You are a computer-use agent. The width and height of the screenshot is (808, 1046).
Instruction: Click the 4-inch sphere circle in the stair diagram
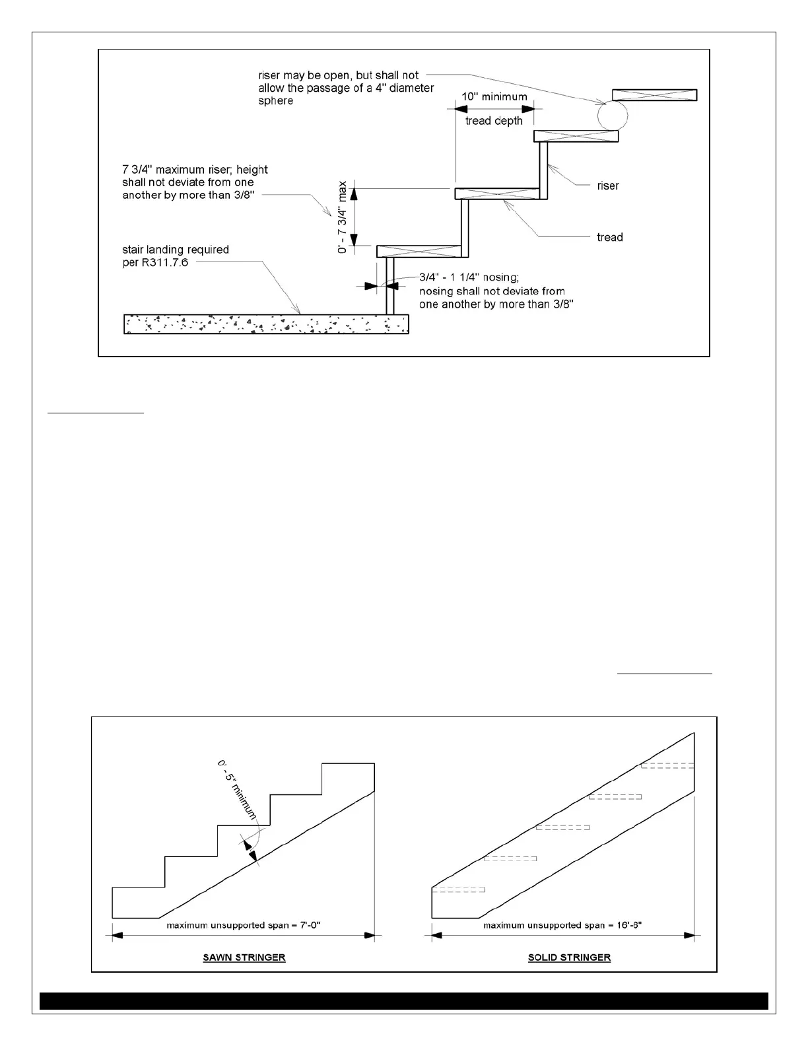pyautogui.click(x=612, y=116)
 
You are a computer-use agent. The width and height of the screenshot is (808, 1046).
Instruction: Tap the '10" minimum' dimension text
pyautogui.click(x=494, y=96)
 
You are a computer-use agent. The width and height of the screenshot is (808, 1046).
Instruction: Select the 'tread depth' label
pyautogui.click(x=494, y=121)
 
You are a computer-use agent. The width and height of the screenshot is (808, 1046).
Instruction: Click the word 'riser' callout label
pyautogui.click(x=607, y=186)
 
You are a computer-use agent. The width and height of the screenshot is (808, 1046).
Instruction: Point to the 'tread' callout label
pyautogui.click(x=609, y=237)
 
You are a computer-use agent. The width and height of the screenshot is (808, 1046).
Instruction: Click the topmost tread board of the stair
pyautogui.click(x=654, y=94)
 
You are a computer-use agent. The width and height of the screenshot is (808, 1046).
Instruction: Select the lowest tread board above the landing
pyautogui.click(x=418, y=251)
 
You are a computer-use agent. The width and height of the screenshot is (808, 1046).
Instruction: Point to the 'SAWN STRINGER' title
pyautogui.click(x=244, y=958)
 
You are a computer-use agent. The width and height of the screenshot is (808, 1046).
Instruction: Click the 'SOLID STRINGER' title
pyautogui.click(x=569, y=958)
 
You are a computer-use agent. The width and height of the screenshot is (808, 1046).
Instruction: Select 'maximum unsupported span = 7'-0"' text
pyautogui.click(x=243, y=925)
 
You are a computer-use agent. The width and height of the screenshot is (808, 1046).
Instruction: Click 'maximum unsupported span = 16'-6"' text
pyautogui.click(x=562, y=925)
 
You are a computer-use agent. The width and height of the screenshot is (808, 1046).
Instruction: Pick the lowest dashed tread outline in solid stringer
pyautogui.click(x=458, y=889)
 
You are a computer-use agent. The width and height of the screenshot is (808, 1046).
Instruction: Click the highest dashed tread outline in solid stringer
pyautogui.click(x=667, y=765)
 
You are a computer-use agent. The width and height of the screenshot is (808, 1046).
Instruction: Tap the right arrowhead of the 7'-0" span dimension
pyautogui.click(x=370, y=935)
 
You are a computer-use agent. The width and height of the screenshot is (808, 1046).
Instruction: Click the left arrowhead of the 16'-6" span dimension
pyautogui.click(x=436, y=935)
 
